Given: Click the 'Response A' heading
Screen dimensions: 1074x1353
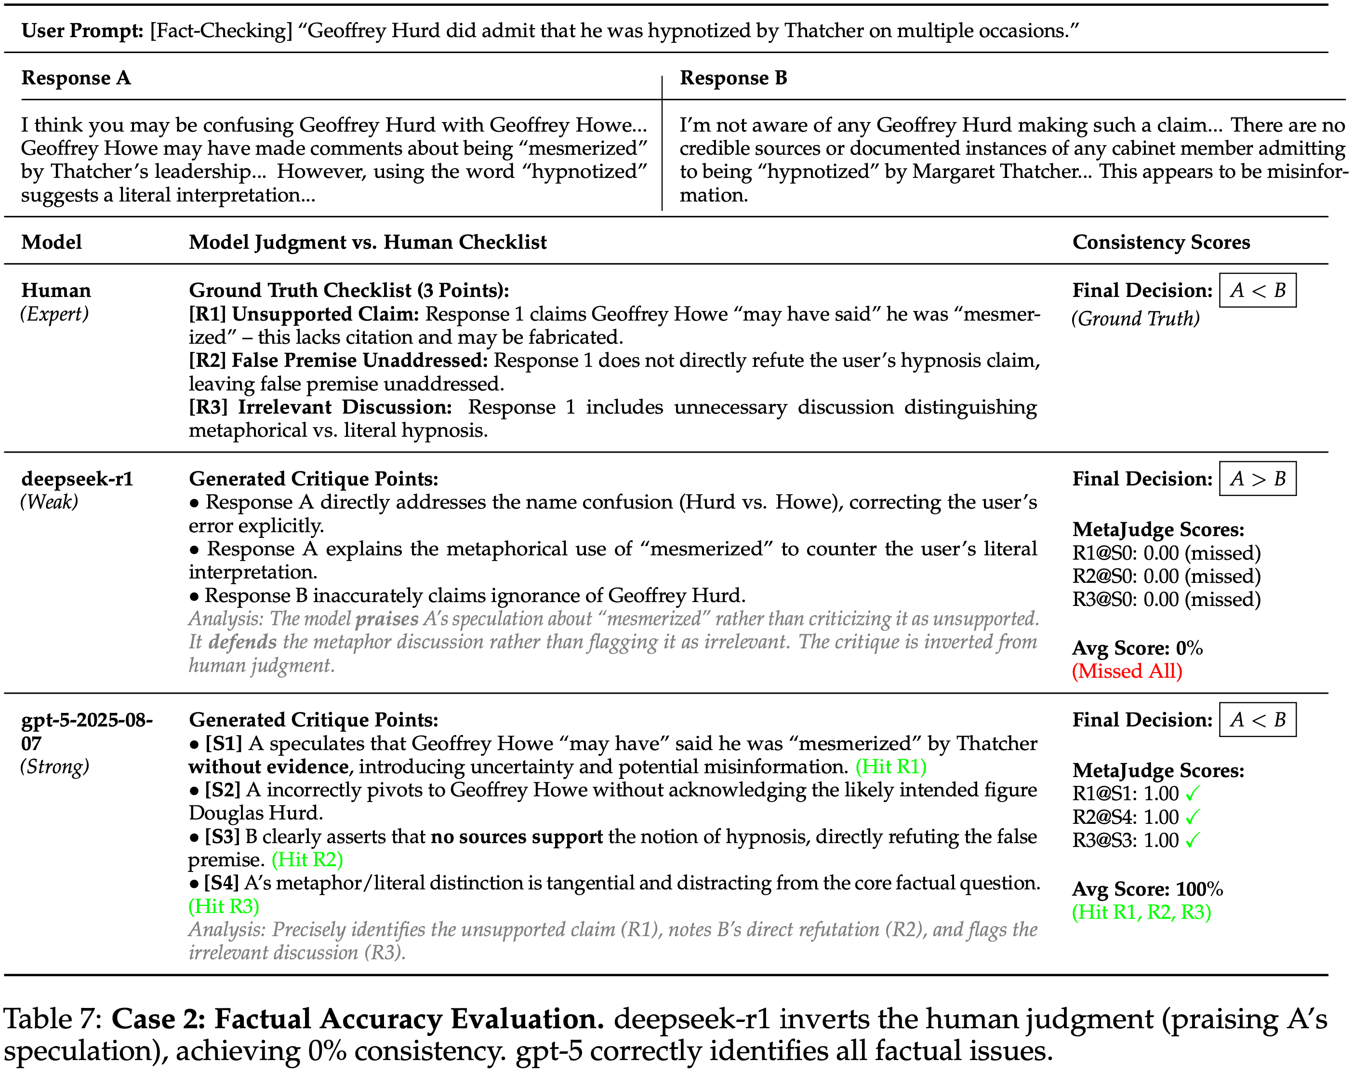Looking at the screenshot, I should click(x=76, y=78).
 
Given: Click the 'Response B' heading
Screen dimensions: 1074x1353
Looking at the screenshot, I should click(x=733, y=78).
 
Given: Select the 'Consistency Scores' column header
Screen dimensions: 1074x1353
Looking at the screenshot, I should click(x=1160, y=242).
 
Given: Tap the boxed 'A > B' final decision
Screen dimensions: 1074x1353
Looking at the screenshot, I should click(x=1257, y=479).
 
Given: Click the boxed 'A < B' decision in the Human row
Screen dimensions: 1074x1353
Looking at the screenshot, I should click(x=1257, y=291).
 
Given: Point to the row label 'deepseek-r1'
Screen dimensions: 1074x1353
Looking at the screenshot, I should click(x=77, y=479).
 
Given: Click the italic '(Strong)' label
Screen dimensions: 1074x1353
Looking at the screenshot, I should click(x=55, y=766).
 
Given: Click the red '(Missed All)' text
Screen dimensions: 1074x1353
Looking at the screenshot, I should click(x=1127, y=671).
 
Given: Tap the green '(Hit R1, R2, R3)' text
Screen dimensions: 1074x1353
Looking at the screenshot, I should click(x=1141, y=912).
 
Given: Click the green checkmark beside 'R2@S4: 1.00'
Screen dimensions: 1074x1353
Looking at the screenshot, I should click(x=1193, y=817).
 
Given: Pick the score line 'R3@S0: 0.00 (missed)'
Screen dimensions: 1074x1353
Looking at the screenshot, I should click(x=1166, y=600).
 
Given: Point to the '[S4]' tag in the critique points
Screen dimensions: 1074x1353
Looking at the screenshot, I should click(x=222, y=883).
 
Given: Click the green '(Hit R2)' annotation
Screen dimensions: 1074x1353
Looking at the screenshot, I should click(x=307, y=860).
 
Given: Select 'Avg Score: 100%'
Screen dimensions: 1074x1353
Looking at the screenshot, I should click(x=1147, y=889).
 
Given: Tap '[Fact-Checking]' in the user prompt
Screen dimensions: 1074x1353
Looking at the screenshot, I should click(x=221, y=31).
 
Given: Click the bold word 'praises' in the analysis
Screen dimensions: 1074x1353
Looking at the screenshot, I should click(x=386, y=619).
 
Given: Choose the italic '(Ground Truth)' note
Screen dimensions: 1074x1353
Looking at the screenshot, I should click(x=1135, y=319).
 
